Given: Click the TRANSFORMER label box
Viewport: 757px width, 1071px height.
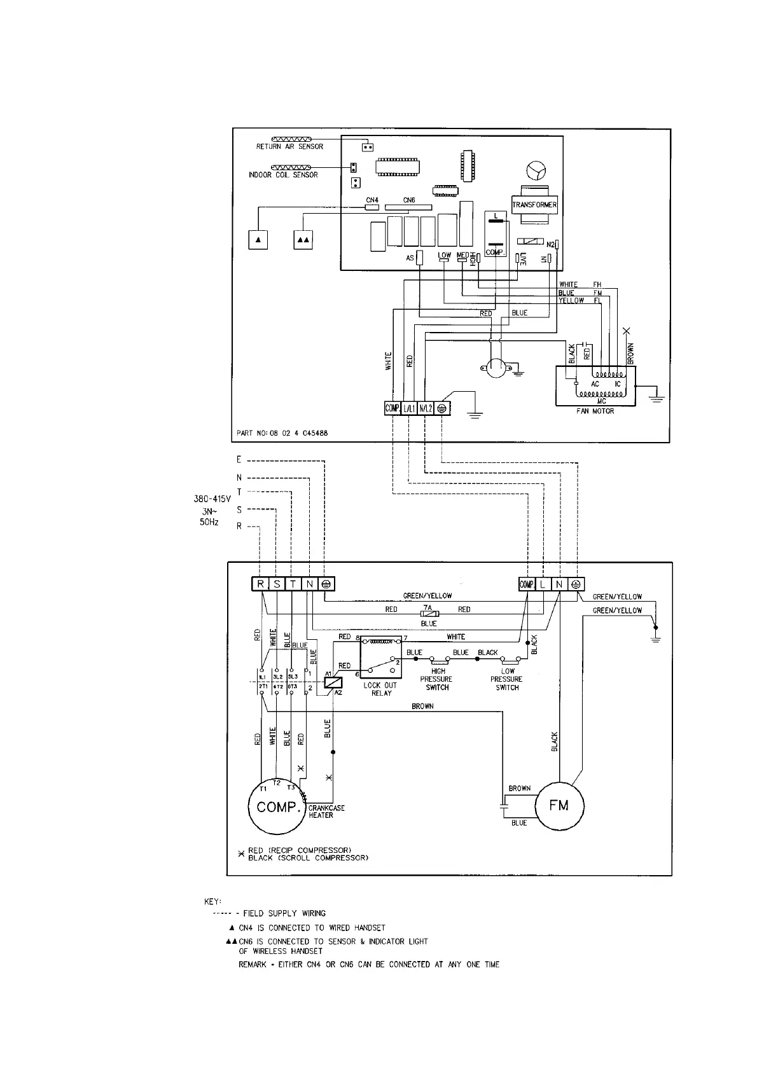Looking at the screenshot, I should click(x=534, y=205).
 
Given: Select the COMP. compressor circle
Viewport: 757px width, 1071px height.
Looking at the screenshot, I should click(x=277, y=807).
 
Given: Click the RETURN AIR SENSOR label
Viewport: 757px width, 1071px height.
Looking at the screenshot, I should click(x=289, y=147).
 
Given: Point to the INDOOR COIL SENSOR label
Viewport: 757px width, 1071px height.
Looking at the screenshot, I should click(x=283, y=175).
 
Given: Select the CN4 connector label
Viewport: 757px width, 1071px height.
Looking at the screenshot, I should click(x=372, y=200).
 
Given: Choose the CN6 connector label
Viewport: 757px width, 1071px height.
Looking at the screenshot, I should click(x=409, y=200).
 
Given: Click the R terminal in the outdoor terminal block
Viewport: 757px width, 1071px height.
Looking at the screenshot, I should click(x=260, y=584).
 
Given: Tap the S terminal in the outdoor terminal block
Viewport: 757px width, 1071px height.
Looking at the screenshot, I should click(x=277, y=584).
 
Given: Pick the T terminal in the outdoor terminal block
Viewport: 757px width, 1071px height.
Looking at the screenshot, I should click(x=293, y=584).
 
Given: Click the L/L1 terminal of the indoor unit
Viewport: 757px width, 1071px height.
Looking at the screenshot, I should click(x=409, y=408).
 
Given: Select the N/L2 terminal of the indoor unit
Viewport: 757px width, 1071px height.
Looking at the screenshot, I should click(x=426, y=408).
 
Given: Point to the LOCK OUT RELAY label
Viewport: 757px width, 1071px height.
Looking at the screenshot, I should click(x=380, y=689).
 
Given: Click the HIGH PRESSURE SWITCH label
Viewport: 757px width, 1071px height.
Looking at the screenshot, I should click(x=438, y=679).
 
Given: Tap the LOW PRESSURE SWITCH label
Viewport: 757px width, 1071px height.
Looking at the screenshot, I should click(x=507, y=679).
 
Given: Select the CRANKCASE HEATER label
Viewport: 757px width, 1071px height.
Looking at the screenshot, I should click(x=326, y=812).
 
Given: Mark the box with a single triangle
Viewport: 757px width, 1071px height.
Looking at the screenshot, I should click(x=258, y=240).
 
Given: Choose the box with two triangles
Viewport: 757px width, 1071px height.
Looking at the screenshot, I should click(x=303, y=240).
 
